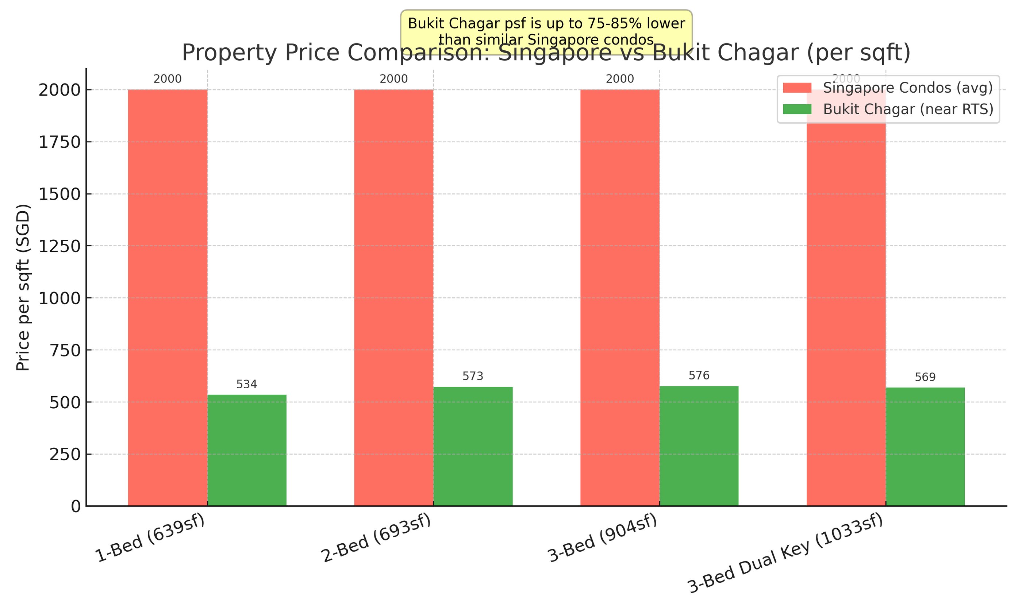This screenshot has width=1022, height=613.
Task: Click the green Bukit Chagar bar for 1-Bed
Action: click(x=247, y=450)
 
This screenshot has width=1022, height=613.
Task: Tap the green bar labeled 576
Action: click(x=699, y=446)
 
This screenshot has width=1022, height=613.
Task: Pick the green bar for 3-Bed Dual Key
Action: click(x=925, y=446)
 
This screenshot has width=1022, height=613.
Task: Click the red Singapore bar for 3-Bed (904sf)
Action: click(x=620, y=297)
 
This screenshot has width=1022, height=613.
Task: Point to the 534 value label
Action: click(x=247, y=385)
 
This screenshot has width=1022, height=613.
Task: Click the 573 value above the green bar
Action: click(x=473, y=376)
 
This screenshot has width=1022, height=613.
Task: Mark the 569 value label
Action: click(x=925, y=377)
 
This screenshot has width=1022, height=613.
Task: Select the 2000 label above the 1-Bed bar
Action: click(x=167, y=79)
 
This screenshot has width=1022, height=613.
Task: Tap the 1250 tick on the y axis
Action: click(x=59, y=246)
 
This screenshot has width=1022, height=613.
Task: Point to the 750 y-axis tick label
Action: click(x=65, y=350)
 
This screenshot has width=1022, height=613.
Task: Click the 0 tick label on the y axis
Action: click(x=76, y=506)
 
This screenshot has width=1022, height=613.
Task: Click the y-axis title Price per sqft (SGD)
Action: click(x=24, y=288)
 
